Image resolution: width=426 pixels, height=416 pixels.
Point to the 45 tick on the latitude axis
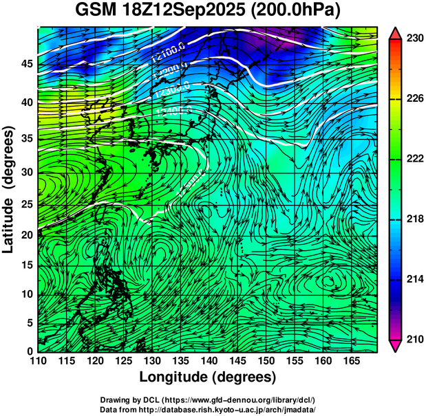tap(26, 64)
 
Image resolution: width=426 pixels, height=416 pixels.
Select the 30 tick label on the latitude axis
tap(26, 172)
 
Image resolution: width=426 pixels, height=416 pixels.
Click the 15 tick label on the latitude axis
tap(26, 265)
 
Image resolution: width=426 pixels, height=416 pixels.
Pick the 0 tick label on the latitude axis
tap(30, 351)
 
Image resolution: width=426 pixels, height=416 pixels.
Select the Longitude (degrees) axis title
tap(208, 377)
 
